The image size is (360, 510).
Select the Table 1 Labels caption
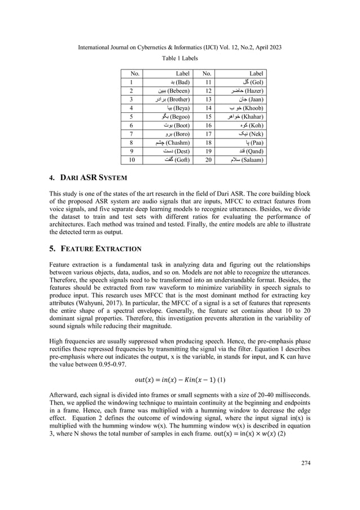[180, 58]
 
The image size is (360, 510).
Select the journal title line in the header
[180, 47]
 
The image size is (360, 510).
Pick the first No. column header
[135, 73]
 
